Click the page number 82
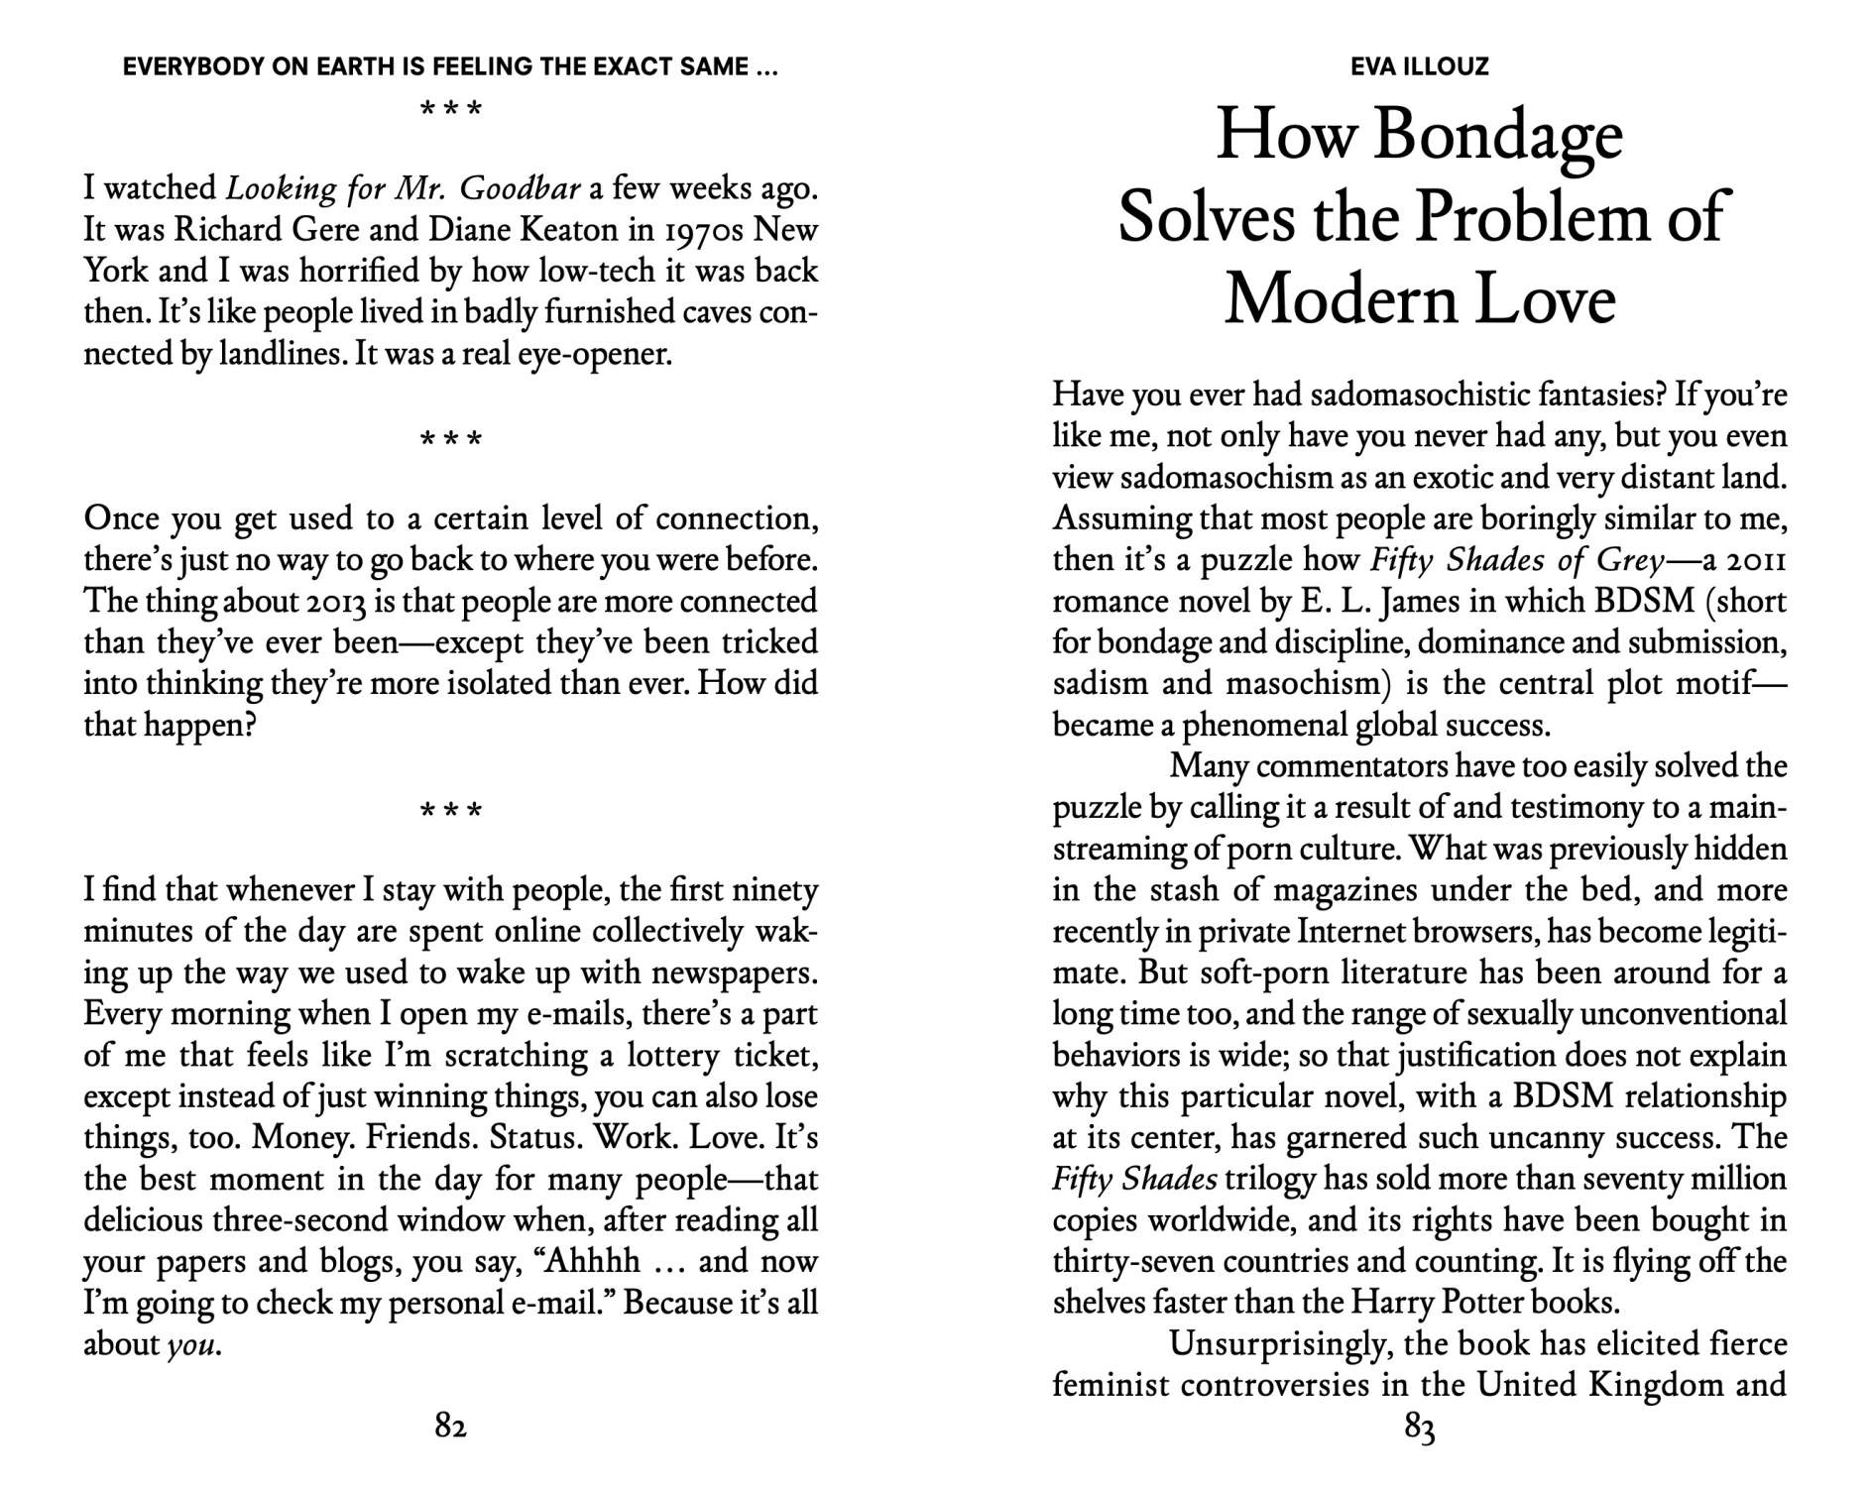(450, 1426)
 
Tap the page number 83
(1420, 1429)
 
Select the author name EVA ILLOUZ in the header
(1419, 66)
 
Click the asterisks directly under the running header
(450, 109)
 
